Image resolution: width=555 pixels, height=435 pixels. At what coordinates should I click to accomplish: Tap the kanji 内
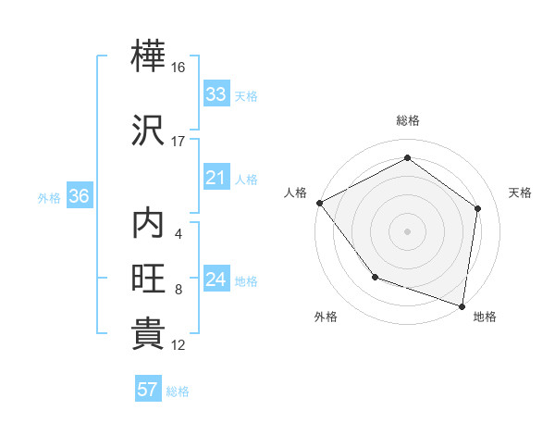[x=149, y=224]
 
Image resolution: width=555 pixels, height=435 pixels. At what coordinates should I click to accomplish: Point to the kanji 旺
[x=149, y=280]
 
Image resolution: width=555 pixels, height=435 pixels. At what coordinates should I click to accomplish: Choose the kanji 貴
[x=149, y=334]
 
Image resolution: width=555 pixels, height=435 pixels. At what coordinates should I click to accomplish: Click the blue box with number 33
[x=216, y=94]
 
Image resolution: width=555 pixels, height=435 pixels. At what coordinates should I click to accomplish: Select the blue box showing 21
[x=216, y=178]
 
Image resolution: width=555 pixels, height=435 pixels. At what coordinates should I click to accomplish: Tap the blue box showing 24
[x=216, y=280]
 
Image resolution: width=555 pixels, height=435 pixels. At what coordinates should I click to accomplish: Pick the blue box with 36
[x=79, y=196]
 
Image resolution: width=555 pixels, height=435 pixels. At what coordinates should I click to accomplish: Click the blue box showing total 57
[x=148, y=390]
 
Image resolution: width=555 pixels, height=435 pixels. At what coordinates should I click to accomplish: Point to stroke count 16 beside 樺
[x=179, y=68]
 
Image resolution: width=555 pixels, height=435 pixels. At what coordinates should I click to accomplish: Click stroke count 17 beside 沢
[x=179, y=141]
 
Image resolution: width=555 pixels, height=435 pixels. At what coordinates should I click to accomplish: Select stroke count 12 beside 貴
[x=179, y=345]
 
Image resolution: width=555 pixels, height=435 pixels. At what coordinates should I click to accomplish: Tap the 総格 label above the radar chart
[x=408, y=120]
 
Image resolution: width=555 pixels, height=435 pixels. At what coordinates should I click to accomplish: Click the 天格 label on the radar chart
[x=521, y=193]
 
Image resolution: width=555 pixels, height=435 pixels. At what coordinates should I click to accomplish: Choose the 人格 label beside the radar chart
[x=296, y=193]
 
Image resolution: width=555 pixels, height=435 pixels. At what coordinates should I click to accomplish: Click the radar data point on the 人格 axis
[x=319, y=203]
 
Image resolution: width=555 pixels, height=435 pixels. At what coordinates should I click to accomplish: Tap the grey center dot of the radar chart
[x=408, y=230]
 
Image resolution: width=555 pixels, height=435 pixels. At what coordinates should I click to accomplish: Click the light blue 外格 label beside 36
[x=49, y=197]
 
